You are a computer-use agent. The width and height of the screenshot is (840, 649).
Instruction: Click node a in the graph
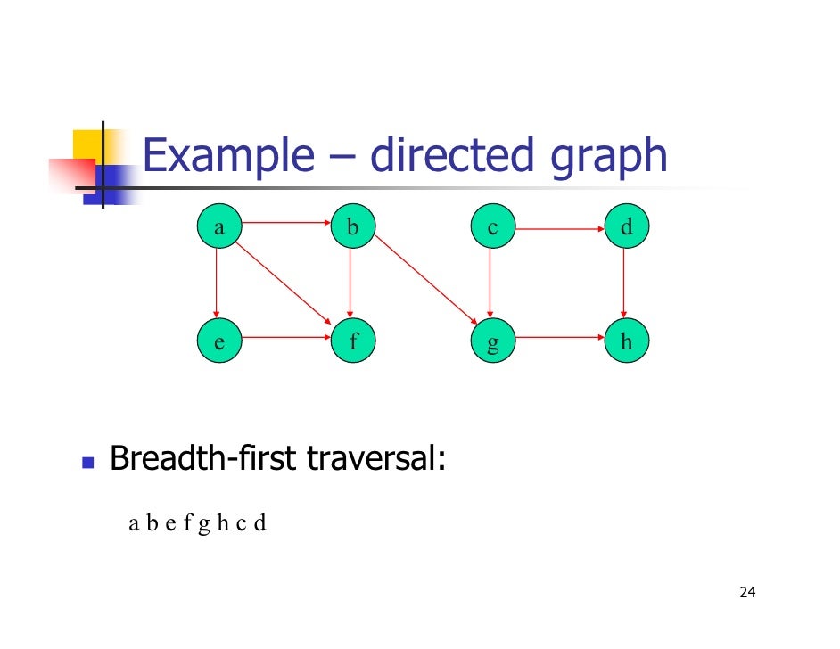(x=218, y=228)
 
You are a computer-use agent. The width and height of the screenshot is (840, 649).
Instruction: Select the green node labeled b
(x=352, y=228)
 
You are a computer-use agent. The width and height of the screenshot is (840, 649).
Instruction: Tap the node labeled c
(x=491, y=228)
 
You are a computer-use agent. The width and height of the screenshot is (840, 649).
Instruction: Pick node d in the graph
(x=626, y=228)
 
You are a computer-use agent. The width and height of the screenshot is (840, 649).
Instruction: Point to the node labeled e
(x=218, y=341)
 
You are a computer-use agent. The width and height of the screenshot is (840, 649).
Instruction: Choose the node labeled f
(x=352, y=341)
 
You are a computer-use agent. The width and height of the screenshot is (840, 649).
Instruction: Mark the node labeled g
(x=491, y=341)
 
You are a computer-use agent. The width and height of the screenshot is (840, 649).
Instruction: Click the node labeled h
(x=626, y=341)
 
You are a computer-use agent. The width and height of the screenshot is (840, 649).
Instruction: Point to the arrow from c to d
(x=559, y=229)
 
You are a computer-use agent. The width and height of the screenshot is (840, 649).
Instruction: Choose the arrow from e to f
(x=285, y=338)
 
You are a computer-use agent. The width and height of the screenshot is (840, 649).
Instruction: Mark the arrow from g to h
(x=559, y=338)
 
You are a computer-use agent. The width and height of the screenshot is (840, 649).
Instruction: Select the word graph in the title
(x=610, y=158)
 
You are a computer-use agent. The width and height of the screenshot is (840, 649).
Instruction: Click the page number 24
(x=747, y=593)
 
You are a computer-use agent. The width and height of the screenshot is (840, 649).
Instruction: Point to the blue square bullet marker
(x=87, y=463)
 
